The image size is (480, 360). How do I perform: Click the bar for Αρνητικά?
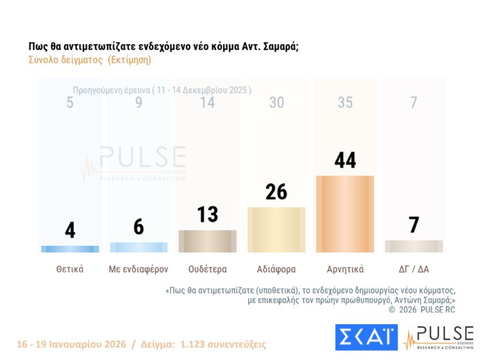tap(345, 214)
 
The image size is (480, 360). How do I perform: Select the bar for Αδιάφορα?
tap(276, 230)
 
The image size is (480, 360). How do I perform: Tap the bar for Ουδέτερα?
tap(207, 241)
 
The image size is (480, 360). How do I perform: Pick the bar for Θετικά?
tap(70, 249)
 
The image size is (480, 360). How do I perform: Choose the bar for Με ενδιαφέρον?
tap(138, 248)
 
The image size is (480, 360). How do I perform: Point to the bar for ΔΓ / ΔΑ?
tap(414, 246)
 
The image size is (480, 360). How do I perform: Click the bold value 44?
tap(345, 160)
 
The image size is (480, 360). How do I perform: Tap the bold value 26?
tap(276, 191)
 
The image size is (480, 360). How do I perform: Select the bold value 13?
tap(207, 214)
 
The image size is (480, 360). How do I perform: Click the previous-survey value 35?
tap(345, 103)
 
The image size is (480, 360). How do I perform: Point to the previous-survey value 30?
tap(276, 103)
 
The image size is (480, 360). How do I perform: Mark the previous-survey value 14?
tap(207, 103)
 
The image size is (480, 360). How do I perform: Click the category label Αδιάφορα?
tap(276, 270)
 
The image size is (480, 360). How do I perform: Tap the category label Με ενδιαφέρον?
tap(138, 270)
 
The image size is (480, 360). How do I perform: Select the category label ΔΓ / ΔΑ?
tap(414, 270)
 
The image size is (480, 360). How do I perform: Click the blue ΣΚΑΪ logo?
tap(366, 337)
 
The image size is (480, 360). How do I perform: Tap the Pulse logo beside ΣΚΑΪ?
tap(438, 337)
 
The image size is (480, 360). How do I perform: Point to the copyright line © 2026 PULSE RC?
tap(422, 310)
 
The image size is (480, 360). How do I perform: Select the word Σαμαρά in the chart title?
tap(278, 47)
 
